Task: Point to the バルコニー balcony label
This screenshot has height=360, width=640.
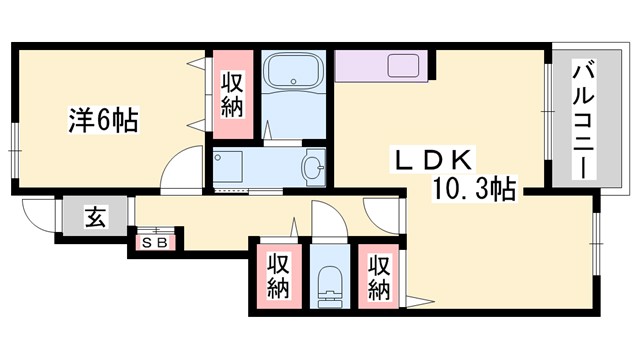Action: [580, 120]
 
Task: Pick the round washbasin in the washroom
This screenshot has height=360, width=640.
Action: [314, 166]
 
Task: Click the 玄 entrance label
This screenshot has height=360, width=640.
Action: [93, 217]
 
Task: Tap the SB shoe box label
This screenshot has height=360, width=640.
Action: [155, 241]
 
